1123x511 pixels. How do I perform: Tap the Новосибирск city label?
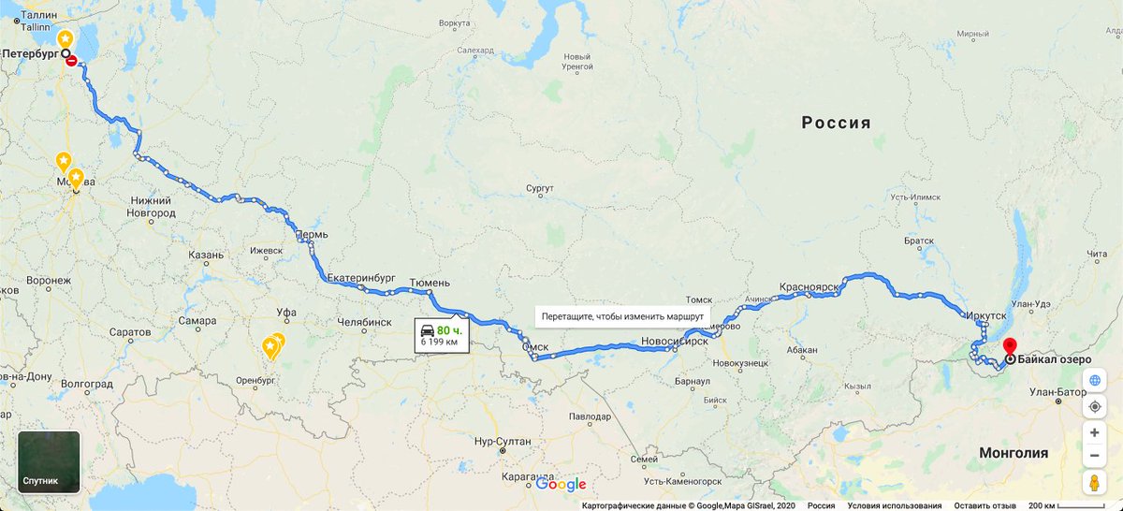[x=674, y=342]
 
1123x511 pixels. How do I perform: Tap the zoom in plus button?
[x=1094, y=433]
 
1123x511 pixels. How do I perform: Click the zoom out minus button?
[x=1094, y=456]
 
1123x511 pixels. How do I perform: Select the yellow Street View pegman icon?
[x=1094, y=483]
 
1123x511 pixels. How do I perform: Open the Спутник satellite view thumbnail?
[x=49, y=461]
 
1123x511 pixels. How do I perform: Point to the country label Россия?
[x=836, y=123]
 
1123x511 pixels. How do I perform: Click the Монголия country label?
[x=1013, y=453]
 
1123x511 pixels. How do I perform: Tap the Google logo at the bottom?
[x=561, y=484]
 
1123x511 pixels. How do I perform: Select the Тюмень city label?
[x=430, y=282]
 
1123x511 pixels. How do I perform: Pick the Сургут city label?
[x=540, y=189]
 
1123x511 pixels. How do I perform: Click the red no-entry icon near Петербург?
[x=72, y=61]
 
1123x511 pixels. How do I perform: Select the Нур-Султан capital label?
[x=503, y=441]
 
